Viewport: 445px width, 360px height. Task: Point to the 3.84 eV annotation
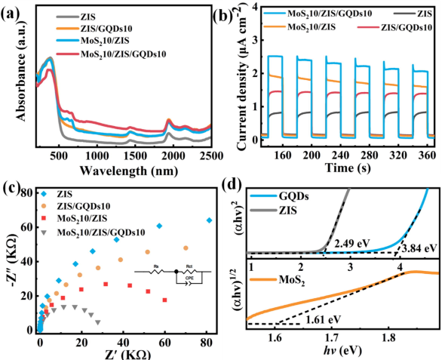point(421,246)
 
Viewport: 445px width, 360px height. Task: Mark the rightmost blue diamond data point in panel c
point(209,220)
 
